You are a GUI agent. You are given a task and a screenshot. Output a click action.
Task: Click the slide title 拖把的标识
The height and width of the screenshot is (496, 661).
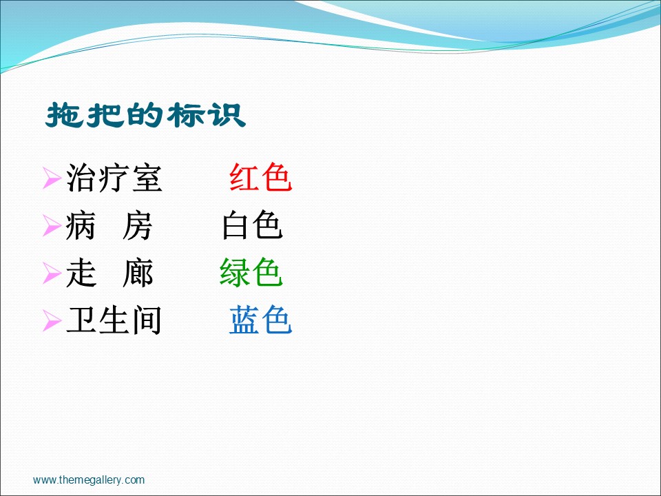tap(146, 115)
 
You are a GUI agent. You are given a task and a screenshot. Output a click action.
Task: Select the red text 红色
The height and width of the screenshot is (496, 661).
tap(260, 178)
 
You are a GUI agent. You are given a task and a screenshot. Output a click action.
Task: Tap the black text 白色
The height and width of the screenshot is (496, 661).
tap(252, 225)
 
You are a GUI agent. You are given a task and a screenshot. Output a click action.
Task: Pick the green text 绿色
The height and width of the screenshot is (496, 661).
tap(251, 273)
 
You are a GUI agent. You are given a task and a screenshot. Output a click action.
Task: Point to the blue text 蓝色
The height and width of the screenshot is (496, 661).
tap(260, 320)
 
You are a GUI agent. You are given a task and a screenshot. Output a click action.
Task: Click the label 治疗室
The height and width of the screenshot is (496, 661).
tap(114, 178)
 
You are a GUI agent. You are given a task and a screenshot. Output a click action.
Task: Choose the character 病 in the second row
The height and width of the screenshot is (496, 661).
tap(81, 226)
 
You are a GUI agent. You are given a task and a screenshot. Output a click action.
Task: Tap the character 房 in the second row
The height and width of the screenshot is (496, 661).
tap(138, 226)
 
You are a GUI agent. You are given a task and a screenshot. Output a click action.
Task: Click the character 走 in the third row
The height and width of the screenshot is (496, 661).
tap(81, 273)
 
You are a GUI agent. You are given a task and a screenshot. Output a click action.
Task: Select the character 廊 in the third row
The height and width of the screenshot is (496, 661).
tap(138, 273)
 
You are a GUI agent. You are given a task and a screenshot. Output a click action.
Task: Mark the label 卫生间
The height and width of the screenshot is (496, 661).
tap(114, 320)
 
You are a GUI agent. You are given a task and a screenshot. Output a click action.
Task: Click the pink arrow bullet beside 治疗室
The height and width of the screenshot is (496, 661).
tap(52, 178)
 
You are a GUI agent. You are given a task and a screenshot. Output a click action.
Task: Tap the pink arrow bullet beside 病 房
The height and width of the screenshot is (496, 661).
tap(52, 226)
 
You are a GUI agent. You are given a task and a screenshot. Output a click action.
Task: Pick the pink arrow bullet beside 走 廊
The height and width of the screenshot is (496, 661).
tap(52, 273)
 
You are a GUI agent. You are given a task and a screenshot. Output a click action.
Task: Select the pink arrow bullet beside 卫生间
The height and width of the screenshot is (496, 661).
tap(52, 321)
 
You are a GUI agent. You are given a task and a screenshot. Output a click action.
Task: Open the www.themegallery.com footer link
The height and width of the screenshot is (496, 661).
tap(89, 480)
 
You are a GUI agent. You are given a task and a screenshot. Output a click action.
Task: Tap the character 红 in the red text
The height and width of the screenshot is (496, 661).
tap(244, 178)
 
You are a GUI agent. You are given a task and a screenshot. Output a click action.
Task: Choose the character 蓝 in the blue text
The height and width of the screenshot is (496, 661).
tap(244, 320)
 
